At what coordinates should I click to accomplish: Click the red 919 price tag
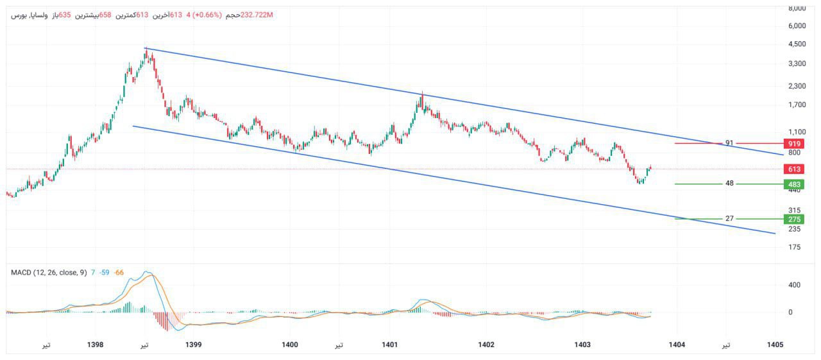point(794,143)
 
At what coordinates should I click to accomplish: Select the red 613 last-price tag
point(794,169)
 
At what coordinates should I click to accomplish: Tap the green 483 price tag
point(794,184)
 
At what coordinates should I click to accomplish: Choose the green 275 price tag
point(794,219)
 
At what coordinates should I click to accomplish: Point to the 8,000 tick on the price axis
point(797,8)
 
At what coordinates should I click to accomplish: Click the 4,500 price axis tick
point(797,44)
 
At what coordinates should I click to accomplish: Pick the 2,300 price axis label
point(797,86)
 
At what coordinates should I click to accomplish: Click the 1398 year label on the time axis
point(95,345)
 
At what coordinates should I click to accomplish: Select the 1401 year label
point(389,345)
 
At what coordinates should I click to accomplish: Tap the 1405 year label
point(775,345)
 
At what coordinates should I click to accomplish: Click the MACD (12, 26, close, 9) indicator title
point(49,273)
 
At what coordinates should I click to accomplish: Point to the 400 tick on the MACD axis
point(795,285)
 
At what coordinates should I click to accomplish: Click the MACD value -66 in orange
point(119,273)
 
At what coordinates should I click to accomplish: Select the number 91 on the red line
point(729,143)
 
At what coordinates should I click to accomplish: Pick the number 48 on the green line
point(729,184)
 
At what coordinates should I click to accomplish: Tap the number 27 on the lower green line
point(729,219)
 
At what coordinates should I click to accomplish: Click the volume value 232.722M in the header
point(257,15)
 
